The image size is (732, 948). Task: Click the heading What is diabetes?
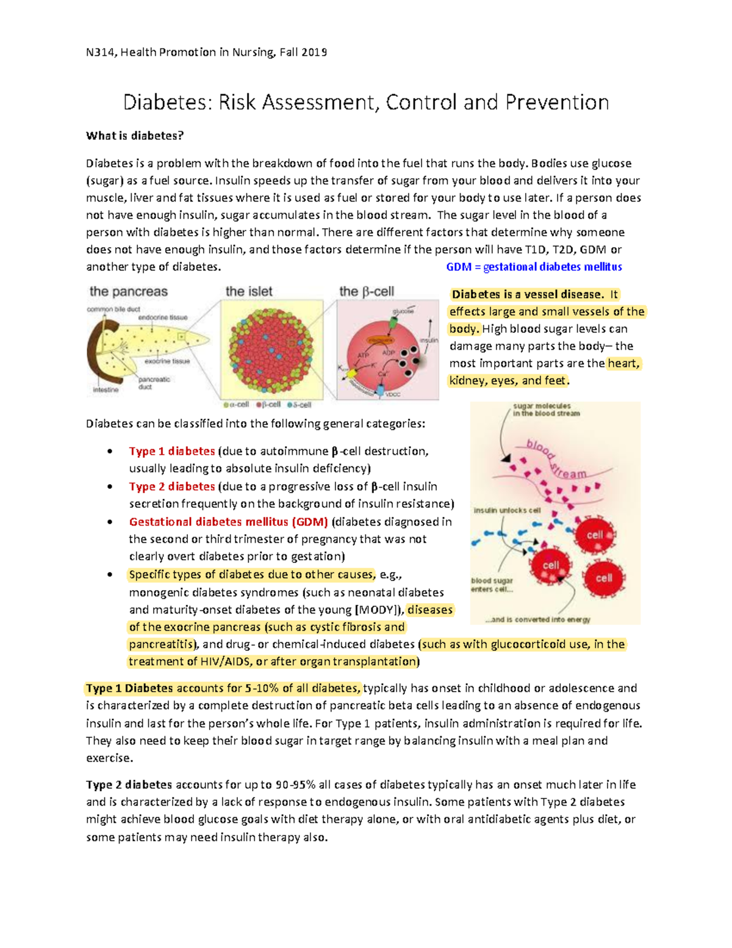pos(134,136)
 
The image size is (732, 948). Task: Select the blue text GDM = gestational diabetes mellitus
pos(534,267)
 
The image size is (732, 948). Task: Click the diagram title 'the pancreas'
pos(128,292)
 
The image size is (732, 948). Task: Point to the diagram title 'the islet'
pos(249,292)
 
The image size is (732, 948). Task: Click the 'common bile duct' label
pos(113,309)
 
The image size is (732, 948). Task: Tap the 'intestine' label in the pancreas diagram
pos(106,389)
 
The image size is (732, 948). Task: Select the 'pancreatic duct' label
pos(154,383)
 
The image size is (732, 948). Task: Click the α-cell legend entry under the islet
pos(237,404)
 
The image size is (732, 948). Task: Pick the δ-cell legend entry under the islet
pos(299,404)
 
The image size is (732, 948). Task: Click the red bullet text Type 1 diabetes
pos(171,451)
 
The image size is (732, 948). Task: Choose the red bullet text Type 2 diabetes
pos(171,487)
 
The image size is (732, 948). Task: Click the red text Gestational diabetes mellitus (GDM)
pos(228,522)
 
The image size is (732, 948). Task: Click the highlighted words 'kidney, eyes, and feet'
pos(508,380)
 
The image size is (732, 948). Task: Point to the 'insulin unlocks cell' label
pos(507,510)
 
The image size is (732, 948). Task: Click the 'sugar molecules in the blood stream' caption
pos(545,409)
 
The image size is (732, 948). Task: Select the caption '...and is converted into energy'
pos(538,620)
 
